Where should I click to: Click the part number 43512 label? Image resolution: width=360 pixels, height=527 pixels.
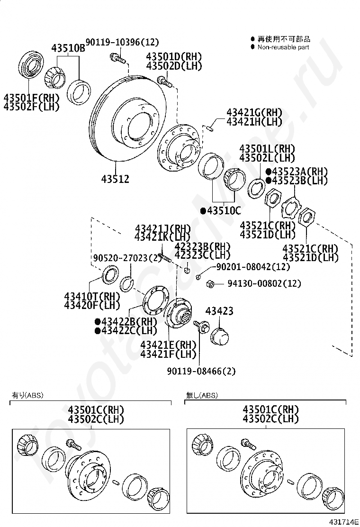tap(115, 179)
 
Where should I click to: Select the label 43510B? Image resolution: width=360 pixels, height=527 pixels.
tap(68, 48)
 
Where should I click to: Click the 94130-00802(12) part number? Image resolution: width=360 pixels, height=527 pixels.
tap(264, 283)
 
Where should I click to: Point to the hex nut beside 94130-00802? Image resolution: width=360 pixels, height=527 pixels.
tap(211, 284)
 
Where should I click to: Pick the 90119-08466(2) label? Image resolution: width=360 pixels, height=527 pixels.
tap(201, 371)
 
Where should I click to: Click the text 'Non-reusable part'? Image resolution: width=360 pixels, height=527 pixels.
tap(283, 47)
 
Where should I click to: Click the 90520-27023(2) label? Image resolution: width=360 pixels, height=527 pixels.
tap(127, 258)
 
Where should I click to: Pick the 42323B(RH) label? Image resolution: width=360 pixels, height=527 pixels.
tap(202, 246)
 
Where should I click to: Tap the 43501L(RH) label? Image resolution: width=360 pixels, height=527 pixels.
tap(267, 149)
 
